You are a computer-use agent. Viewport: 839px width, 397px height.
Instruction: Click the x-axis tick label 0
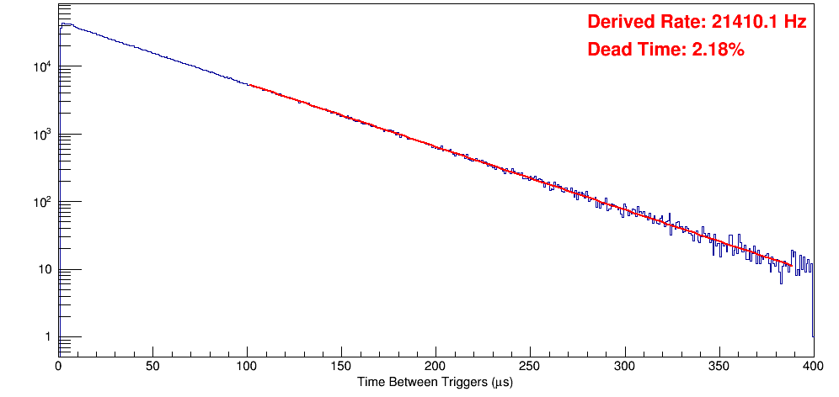tap(58, 367)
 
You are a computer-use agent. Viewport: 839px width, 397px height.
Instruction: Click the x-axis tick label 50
tap(152, 367)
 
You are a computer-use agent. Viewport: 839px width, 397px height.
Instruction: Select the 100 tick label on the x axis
tap(247, 367)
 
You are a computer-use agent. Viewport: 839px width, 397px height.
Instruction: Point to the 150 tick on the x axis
tap(341, 367)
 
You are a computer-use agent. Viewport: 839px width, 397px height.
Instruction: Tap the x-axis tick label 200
tap(436, 367)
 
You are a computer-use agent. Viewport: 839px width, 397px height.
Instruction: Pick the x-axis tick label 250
tap(530, 367)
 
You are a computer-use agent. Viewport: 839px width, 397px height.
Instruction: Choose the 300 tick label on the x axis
tap(624, 367)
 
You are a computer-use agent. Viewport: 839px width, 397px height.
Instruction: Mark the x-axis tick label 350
tap(719, 367)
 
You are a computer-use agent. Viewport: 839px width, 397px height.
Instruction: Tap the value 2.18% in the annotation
tap(718, 50)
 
